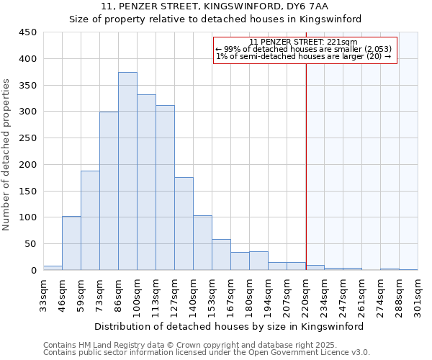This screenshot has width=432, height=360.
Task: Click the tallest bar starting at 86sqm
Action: coord(127,171)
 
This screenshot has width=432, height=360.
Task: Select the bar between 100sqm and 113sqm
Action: coord(146,182)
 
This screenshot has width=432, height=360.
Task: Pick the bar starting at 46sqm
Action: coord(71,243)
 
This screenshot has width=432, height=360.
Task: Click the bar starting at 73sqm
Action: coord(109,191)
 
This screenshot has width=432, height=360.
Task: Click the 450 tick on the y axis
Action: coord(27,32)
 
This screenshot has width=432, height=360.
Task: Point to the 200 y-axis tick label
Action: coord(27,164)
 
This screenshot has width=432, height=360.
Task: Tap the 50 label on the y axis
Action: coord(30,244)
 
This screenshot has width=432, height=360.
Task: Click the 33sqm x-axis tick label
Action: coord(43,294)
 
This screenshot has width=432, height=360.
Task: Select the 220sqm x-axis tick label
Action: coord(306,294)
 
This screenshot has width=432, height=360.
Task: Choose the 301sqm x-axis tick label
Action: coord(418,294)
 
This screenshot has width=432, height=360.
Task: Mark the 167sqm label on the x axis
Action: coord(231,294)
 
